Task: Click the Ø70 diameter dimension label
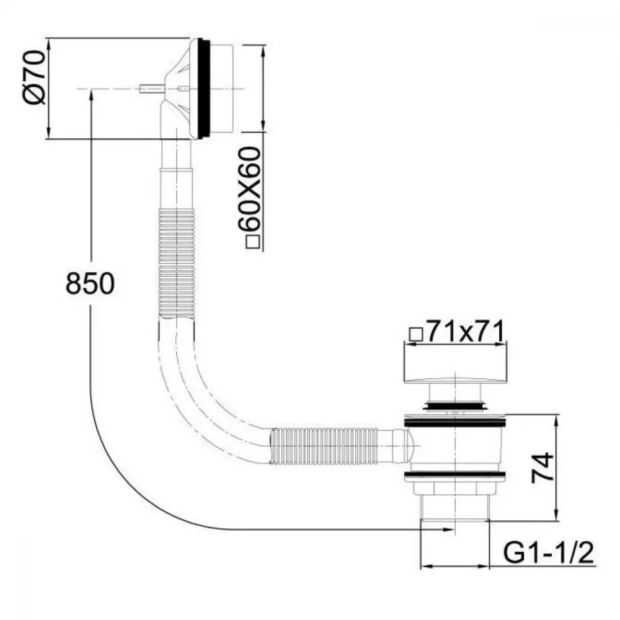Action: [35, 77]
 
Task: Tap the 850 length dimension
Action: [90, 283]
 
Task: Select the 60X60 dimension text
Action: [250, 190]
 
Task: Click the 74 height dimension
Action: [542, 467]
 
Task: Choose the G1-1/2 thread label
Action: [549, 553]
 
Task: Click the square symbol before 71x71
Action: [417, 335]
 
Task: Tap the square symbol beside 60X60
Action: [253, 242]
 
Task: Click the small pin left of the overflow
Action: [151, 89]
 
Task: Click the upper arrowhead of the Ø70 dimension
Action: [48, 44]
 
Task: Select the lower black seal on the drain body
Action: [454, 474]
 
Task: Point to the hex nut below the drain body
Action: [454, 488]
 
